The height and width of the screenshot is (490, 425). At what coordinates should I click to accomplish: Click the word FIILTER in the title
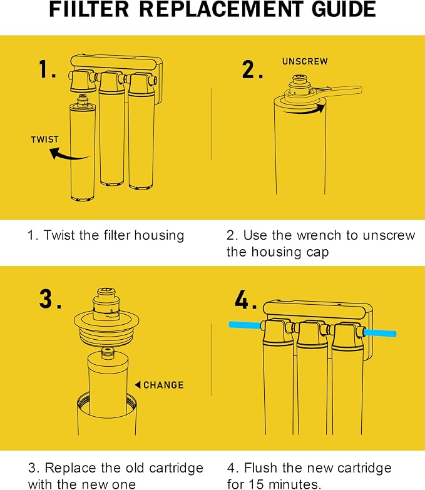pos(89,9)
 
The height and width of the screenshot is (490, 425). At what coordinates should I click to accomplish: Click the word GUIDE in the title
pos(344,9)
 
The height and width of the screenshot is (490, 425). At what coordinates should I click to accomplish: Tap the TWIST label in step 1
pos(44,140)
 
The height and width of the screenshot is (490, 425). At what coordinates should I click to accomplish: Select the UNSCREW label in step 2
pos(305,61)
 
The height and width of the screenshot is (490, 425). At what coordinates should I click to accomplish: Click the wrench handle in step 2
pos(344,91)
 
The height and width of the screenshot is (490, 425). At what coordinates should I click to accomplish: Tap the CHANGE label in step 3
pos(163,385)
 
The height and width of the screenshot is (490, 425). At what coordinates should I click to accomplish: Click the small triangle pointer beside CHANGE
pos(138,385)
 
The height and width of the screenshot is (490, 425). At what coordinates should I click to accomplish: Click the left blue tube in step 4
pos(245,325)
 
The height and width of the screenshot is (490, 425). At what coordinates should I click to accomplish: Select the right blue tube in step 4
pos(381,333)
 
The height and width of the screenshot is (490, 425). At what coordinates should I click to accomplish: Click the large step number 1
pos(47,69)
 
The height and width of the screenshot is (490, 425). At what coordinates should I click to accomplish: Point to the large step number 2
pos(252,69)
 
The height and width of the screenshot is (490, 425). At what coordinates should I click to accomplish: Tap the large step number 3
pos(50,299)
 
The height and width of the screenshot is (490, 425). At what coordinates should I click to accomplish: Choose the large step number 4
pos(245,299)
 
